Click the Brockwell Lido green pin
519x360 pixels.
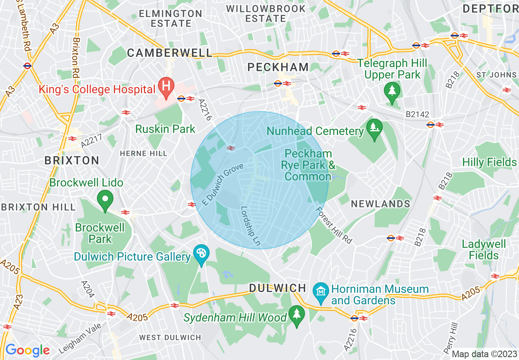(105, 200)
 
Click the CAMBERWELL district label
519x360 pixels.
(169, 53)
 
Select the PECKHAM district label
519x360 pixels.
(278, 67)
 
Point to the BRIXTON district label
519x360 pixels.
(72, 160)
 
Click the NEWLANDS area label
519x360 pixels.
(381, 204)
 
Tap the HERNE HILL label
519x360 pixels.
(143, 153)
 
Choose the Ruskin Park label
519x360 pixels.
(165, 129)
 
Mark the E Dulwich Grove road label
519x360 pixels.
(223, 184)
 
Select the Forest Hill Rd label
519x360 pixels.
(334, 225)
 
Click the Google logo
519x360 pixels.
(27, 350)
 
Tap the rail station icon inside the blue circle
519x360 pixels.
(231, 148)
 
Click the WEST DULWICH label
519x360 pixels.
(170, 337)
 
